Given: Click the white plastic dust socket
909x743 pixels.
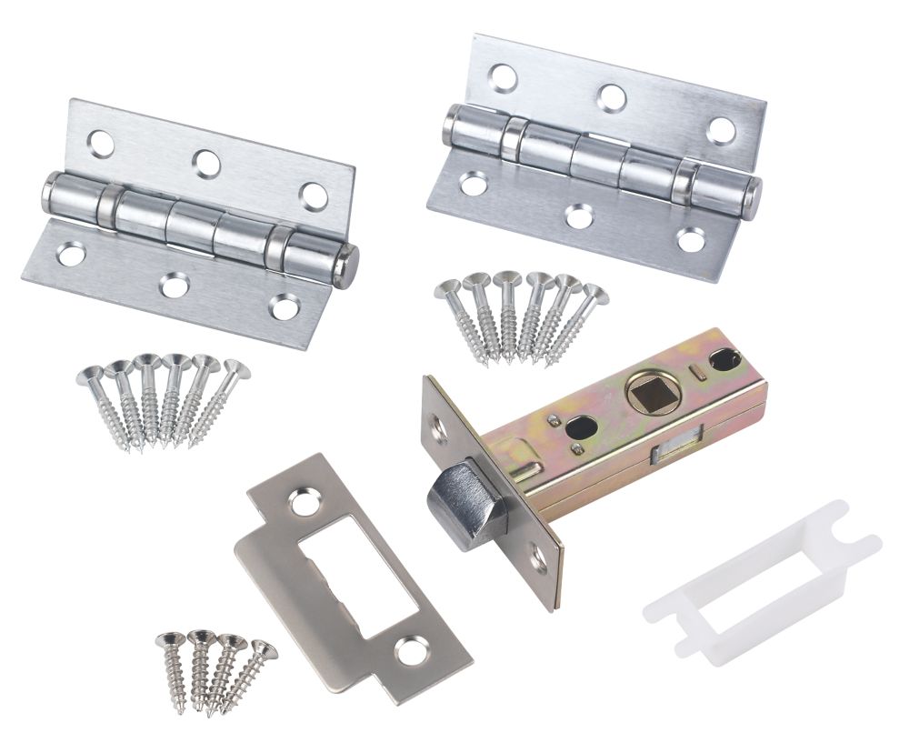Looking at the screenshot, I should point(762,582).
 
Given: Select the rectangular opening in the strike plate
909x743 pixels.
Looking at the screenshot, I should point(356,574).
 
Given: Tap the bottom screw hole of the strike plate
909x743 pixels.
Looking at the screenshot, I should point(410,648).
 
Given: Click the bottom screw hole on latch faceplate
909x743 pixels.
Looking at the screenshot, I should point(538,560).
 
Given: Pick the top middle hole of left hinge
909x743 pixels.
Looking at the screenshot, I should point(207,164).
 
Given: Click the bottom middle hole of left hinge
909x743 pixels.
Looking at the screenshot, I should point(173,286).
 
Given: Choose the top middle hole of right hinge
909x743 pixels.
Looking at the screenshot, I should point(612,97).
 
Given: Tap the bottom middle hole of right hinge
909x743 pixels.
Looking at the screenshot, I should point(579,216).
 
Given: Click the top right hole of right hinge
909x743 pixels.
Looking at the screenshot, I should point(721,130).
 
